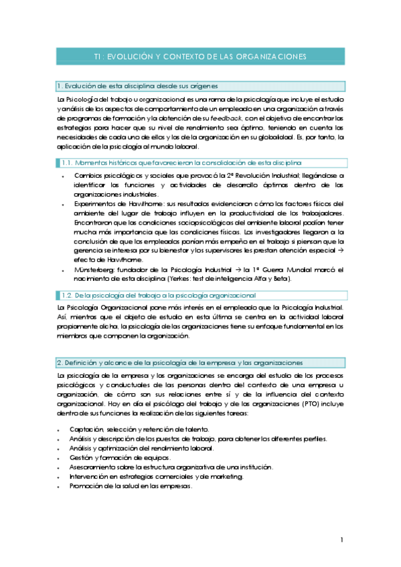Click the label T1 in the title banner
99,57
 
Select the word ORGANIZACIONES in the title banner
270,57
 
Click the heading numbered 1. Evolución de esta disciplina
137,86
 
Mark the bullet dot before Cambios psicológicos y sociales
61,175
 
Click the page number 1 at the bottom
341,540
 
